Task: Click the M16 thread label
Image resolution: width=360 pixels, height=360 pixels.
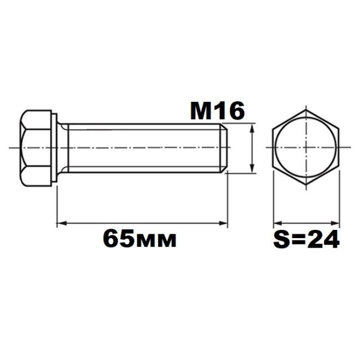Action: coord(217,111)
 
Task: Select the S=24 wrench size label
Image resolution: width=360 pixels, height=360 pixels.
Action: coord(306,239)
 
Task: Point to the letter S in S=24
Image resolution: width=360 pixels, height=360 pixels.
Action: coord(281,239)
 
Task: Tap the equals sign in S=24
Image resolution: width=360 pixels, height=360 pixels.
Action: coord(298,240)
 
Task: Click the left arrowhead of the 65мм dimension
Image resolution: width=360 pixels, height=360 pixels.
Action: coord(61,223)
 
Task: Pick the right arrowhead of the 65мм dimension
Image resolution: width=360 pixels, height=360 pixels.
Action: coord(223,223)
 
